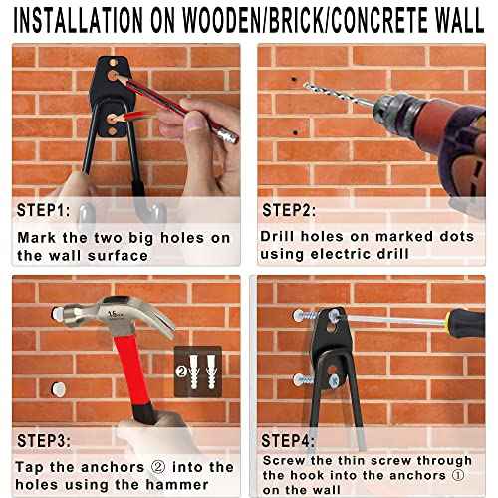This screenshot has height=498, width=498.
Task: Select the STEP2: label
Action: coord(290,211)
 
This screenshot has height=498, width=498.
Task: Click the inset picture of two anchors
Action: coord(196,371)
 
